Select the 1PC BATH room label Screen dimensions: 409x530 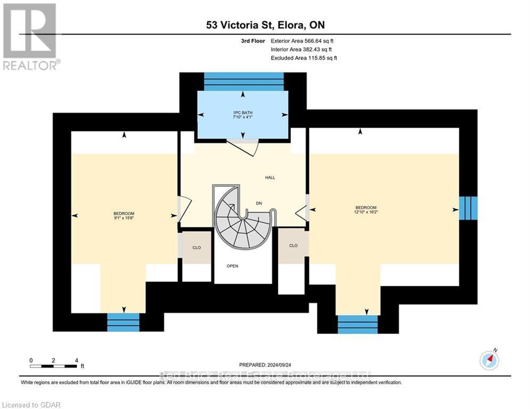(243, 114)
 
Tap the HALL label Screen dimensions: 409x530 (270, 177)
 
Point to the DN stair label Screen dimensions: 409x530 (258, 203)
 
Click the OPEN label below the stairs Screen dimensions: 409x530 (232, 266)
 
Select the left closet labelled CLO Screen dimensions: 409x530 (197, 247)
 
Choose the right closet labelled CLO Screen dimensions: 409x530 (293, 246)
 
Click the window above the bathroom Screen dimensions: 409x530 (243, 81)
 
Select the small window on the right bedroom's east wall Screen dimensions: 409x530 (468, 208)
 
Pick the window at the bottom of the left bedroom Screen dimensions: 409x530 (123, 322)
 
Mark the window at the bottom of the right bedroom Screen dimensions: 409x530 (357, 324)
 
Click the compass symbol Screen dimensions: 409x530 (489, 361)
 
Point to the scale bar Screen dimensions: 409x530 (53, 366)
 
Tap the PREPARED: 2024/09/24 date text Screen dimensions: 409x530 (265, 365)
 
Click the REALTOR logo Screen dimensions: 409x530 (30, 36)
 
